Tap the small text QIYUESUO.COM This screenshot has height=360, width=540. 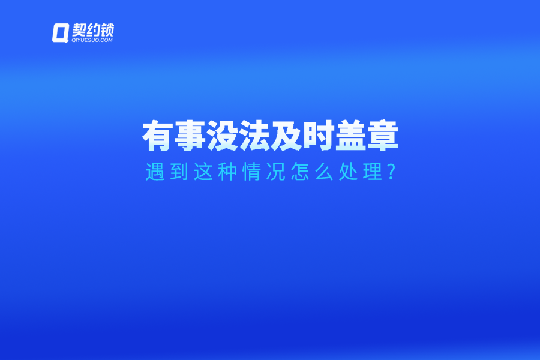coord(92,41)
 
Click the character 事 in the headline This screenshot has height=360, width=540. coord(190,137)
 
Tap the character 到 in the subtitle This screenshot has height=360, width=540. coord(179,172)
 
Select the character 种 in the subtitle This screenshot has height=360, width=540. coord(226,172)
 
